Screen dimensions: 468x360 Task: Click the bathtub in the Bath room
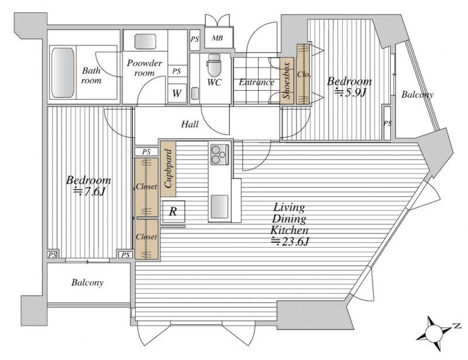click(x=63, y=73)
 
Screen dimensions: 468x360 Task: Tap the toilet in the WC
click(x=214, y=66)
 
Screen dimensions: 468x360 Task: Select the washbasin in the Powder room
click(x=145, y=42)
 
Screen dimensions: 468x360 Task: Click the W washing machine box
click(x=177, y=93)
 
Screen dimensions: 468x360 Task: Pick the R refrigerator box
click(x=173, y=212)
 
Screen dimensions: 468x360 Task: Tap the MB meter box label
click(x=217, y=38)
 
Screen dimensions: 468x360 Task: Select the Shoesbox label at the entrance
click(x=287, y=81)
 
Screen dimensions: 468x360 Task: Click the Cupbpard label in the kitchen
click(x=168, y=169)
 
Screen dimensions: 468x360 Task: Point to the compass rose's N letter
click(x=456, y=325)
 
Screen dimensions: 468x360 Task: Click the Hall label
click(x=190, y=124)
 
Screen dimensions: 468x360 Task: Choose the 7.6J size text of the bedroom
click(x=90, y=191)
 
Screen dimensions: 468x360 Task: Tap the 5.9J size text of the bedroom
click(x=350, y=92)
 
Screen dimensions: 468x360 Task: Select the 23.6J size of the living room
click(x=290, y=241)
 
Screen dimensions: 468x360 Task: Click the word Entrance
click(x=256, y=82)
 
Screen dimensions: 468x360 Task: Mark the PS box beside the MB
click(x=195, y=39)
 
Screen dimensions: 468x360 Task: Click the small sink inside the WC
click(x=195, y=93)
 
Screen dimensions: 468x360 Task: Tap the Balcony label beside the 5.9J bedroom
click(x=417, y=95)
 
